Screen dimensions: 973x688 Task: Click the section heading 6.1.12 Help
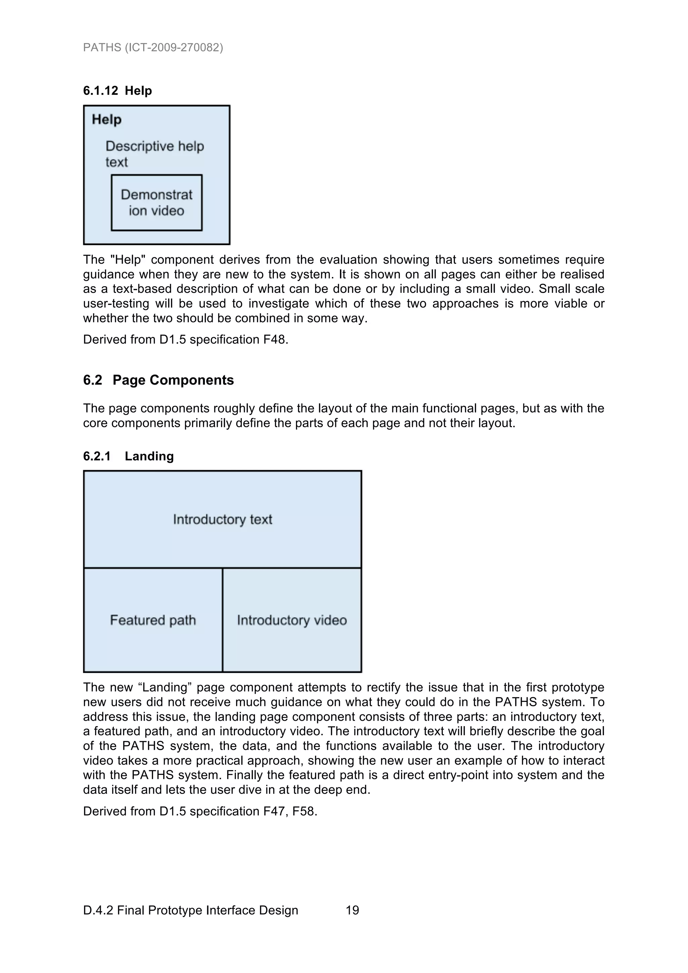(x=118, y=91)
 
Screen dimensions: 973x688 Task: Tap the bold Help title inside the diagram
(x=107, y=120)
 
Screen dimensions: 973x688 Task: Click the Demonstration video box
(x=157, y=203)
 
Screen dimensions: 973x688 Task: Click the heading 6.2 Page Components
(x=158, y=380)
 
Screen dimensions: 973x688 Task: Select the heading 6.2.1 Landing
(x=128, y=456)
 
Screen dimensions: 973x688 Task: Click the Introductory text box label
(x=222, y=520)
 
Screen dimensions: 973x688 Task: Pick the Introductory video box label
(x=292, y=620)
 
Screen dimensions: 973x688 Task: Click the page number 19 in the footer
(x=352, y=910)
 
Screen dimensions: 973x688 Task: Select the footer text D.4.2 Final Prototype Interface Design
(x=190, y=910)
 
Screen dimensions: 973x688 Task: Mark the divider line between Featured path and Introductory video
(x=222, y=620)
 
